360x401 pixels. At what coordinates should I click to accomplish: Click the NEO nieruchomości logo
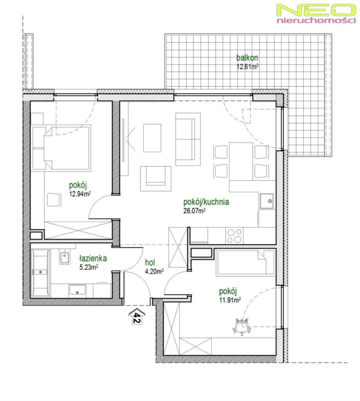coord(316,13)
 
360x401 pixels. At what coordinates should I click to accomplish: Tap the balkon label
coord(247,58)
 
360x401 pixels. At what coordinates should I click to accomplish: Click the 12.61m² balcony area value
coord(247,67)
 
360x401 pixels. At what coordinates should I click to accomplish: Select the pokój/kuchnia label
coord(206,202)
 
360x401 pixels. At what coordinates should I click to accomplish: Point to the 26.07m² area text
coord(194,211)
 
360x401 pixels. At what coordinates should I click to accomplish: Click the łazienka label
coord(93,258)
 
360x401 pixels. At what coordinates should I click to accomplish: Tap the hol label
coord(150,262)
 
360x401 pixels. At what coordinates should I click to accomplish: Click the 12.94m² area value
coord(80,194)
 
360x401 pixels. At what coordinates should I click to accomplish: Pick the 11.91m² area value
coord(230,300)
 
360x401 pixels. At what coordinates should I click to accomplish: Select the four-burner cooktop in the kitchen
coord(234,236)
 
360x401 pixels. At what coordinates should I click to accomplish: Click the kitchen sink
coord(267,201)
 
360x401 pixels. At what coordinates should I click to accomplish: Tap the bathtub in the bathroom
coord(40,273)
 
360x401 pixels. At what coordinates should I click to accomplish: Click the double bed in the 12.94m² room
coord(62,148)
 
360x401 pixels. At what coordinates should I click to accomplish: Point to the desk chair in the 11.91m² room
coord(242,326)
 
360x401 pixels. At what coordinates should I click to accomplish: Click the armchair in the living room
coord(156,178)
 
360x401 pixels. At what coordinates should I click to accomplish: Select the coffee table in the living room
coord(152,138)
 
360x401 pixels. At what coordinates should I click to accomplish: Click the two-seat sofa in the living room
coord(188,139)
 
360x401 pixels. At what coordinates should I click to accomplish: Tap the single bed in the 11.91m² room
coord(245,263)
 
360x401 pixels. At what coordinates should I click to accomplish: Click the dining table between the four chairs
coord(241,161)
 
